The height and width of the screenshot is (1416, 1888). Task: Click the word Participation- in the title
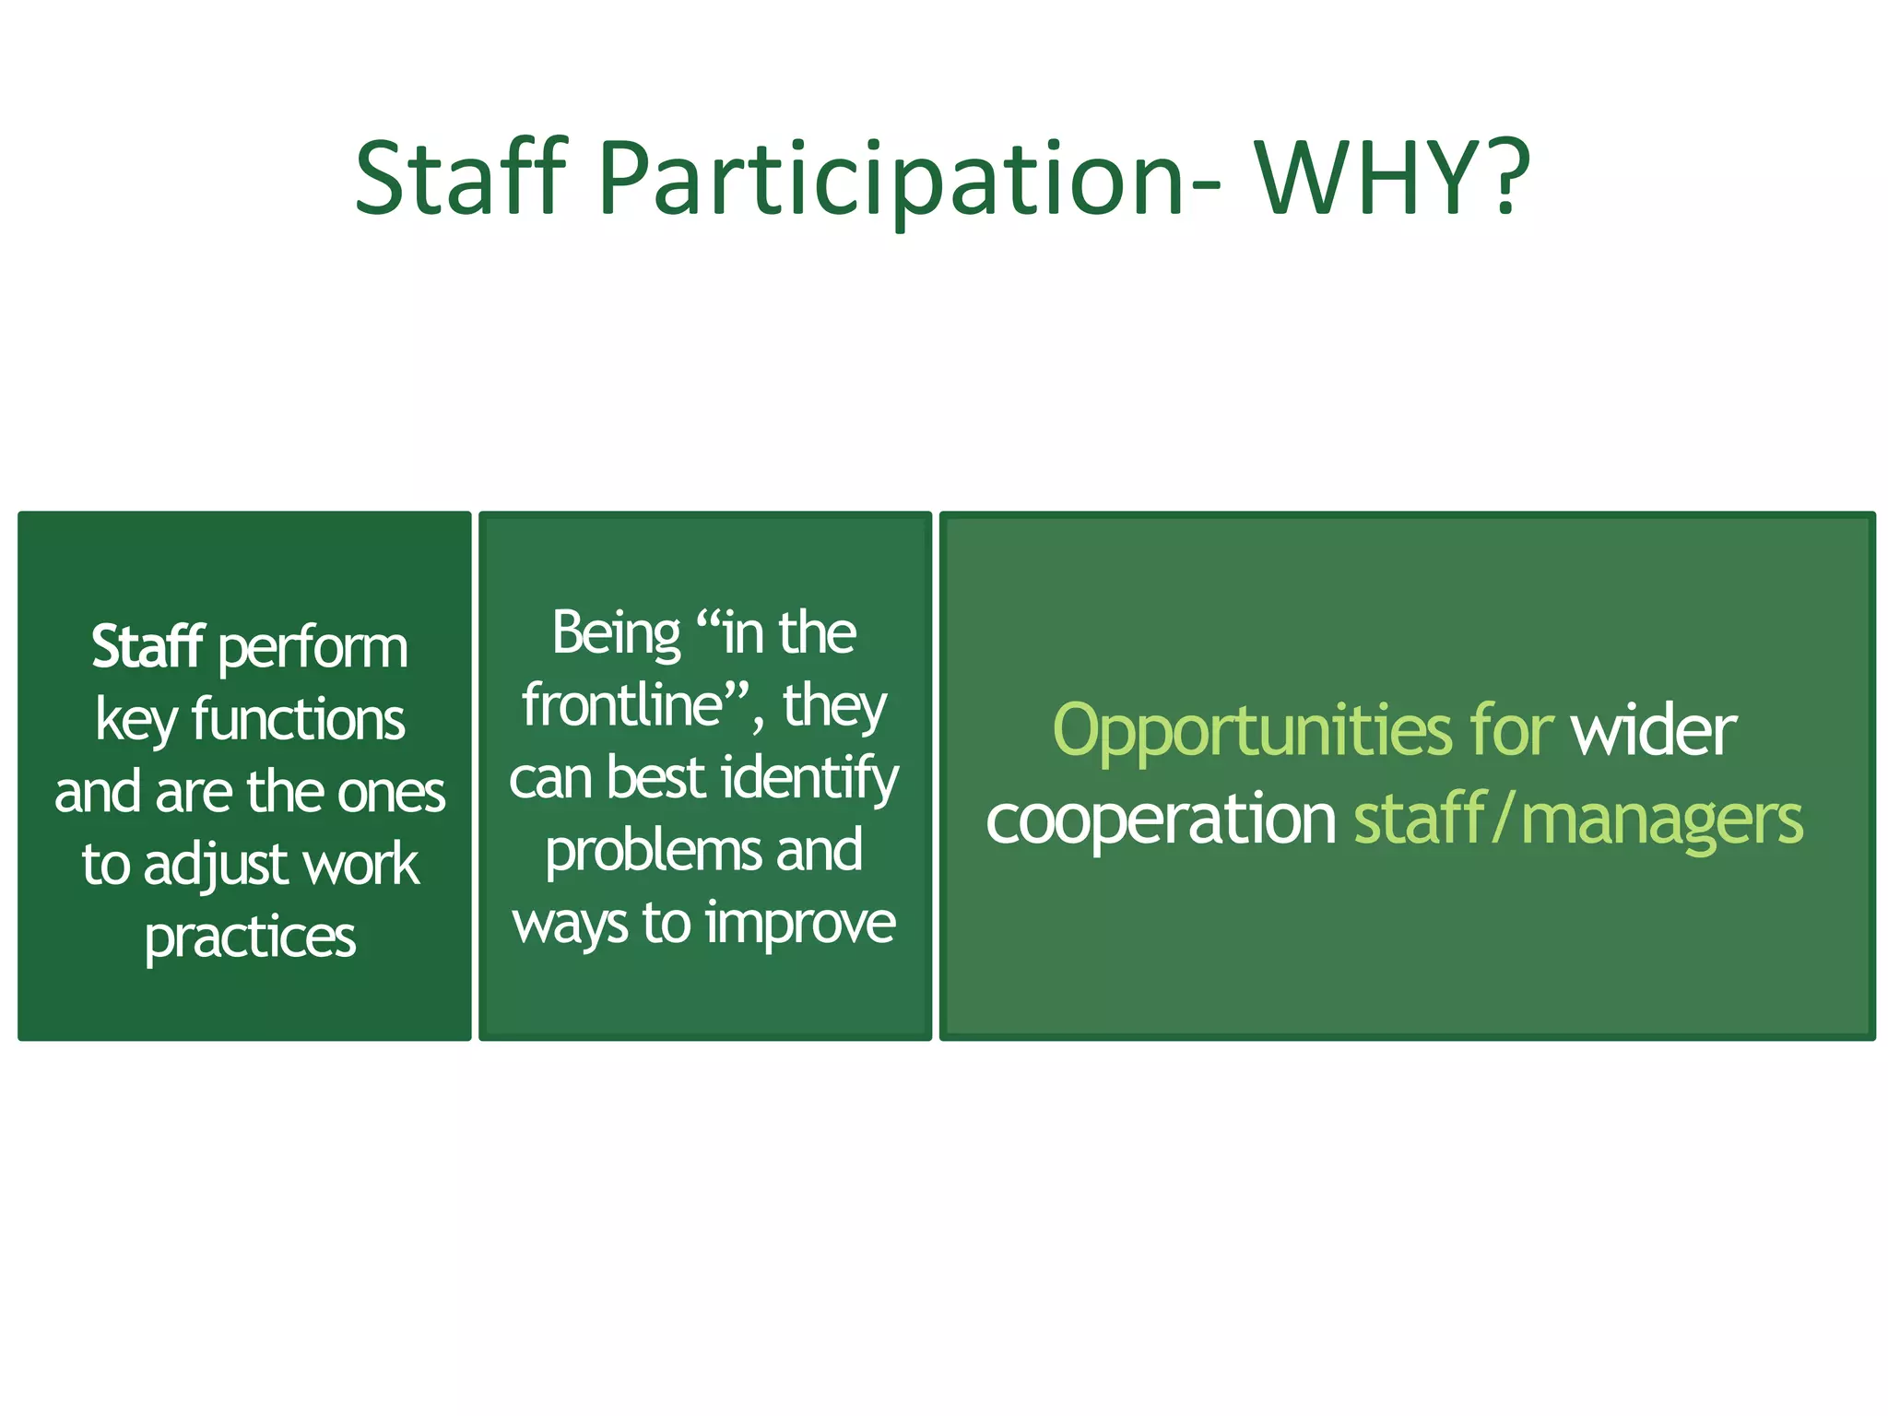pyautogui.click(x=909, y=180)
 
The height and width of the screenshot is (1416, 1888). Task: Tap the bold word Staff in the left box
pyautogui.click(x=147, y=647)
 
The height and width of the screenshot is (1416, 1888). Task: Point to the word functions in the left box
pyautogui.click(x=298, y=720)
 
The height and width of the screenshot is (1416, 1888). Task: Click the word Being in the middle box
pyautogui.click(x=616, y=634)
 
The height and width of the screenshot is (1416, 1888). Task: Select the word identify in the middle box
pyautogui.click(x=810, y=780)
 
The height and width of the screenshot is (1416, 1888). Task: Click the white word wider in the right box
pyautogui.click(x=1654, y=731)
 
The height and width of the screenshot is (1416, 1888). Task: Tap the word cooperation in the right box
pyautogui.click(x=1160, y=820)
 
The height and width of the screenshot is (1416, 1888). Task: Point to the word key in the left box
pyautogui.click(x=136, y=722)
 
